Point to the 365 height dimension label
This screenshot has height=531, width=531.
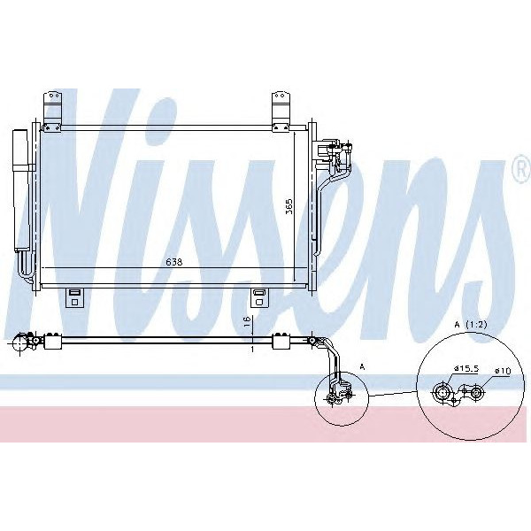(289, 209)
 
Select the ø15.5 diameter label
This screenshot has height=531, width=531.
(466, 367)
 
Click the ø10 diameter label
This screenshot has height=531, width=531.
(503, 371)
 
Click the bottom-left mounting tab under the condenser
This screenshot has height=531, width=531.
(75, 296)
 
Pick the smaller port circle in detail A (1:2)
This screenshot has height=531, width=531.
(476, 392)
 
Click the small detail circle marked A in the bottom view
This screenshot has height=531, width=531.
(336, 395)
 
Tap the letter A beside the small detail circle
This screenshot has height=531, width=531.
(361, 366)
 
